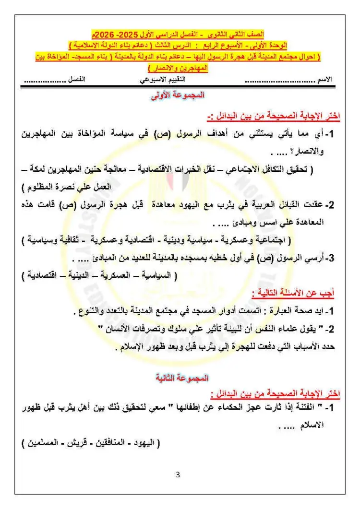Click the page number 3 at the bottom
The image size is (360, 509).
point(178,475)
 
